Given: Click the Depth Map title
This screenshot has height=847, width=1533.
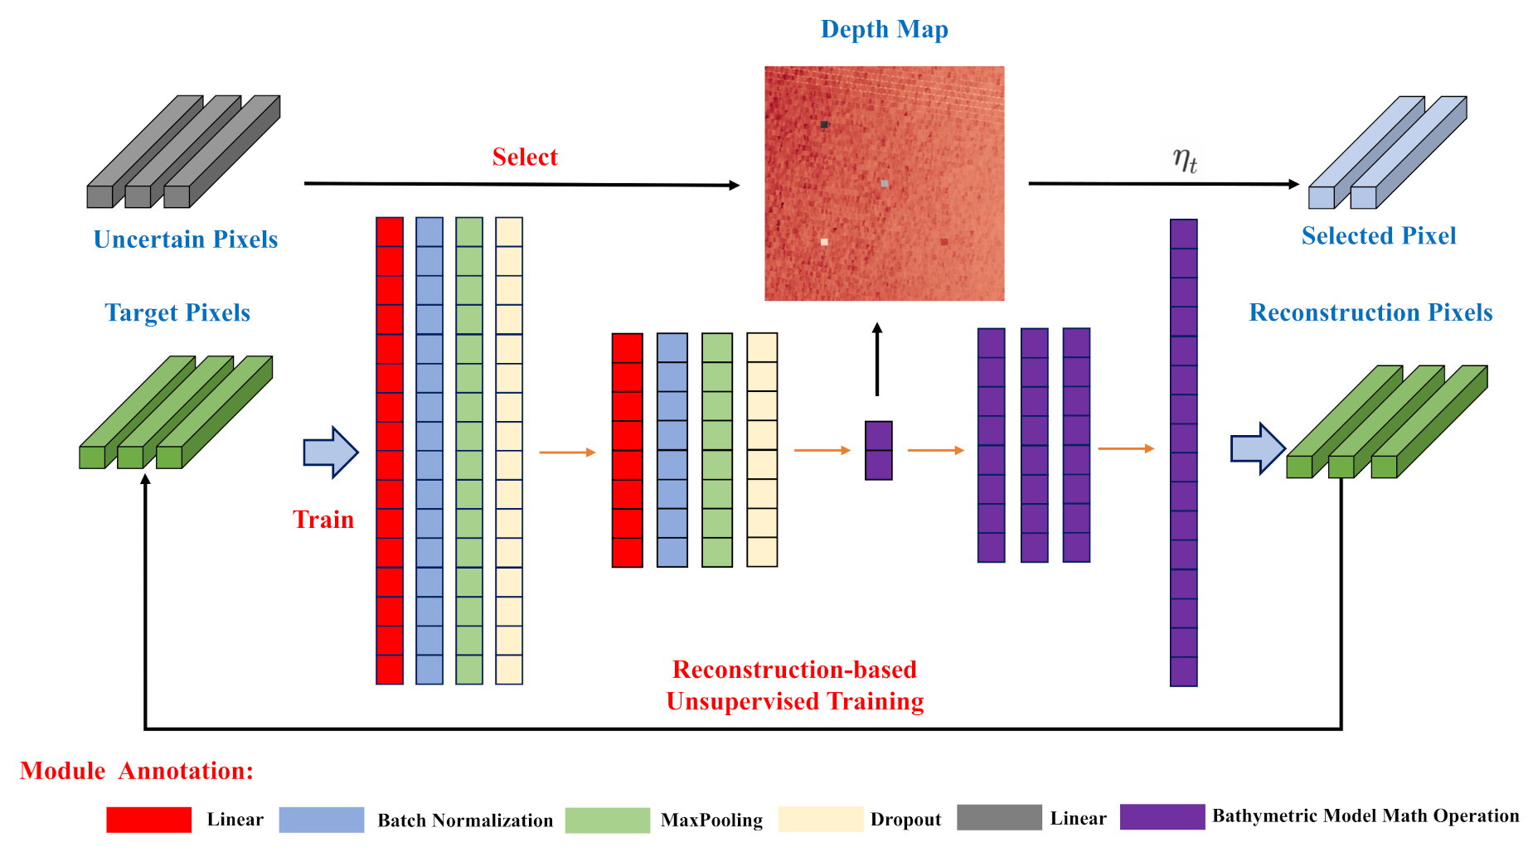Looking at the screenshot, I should tap(884, 30).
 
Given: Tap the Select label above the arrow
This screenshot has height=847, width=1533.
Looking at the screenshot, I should tap(525, 157).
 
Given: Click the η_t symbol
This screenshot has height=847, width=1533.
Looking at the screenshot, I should tap(1185, 159).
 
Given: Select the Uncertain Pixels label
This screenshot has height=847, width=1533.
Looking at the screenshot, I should tap(185, 240).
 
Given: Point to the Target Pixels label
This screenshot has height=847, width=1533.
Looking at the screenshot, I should tap(177, 312).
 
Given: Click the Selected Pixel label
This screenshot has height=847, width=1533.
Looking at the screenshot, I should tap(1378, 236).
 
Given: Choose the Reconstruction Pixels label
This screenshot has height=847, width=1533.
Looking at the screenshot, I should tap(1370, 312).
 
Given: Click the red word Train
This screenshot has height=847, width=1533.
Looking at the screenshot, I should tap(323, 520).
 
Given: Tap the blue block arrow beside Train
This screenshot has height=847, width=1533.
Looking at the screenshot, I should tap(330, 453).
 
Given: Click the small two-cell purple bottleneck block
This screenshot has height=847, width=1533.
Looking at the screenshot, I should tap(878, 451).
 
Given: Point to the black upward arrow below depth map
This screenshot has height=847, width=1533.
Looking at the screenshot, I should tap(877, 359).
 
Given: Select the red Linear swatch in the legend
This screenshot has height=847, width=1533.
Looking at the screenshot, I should tap(149, 820).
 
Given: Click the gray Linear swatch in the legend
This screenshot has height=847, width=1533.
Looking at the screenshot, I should tap(999, 817).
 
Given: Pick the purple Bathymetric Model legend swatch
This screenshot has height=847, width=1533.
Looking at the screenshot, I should tap(1162, 816).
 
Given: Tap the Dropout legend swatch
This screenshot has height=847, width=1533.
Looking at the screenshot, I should tap(820, 820).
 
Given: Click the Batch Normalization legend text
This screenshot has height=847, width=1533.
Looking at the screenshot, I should tap(465, 820).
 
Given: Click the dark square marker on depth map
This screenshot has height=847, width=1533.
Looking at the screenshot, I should tap(824, 124).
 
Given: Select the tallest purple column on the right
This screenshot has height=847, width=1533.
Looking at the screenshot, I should tap(1183, 453).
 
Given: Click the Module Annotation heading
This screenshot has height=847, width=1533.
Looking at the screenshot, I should tap(137, 771).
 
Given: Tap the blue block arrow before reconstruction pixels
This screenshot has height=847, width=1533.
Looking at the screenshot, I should tap(1257, 448).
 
